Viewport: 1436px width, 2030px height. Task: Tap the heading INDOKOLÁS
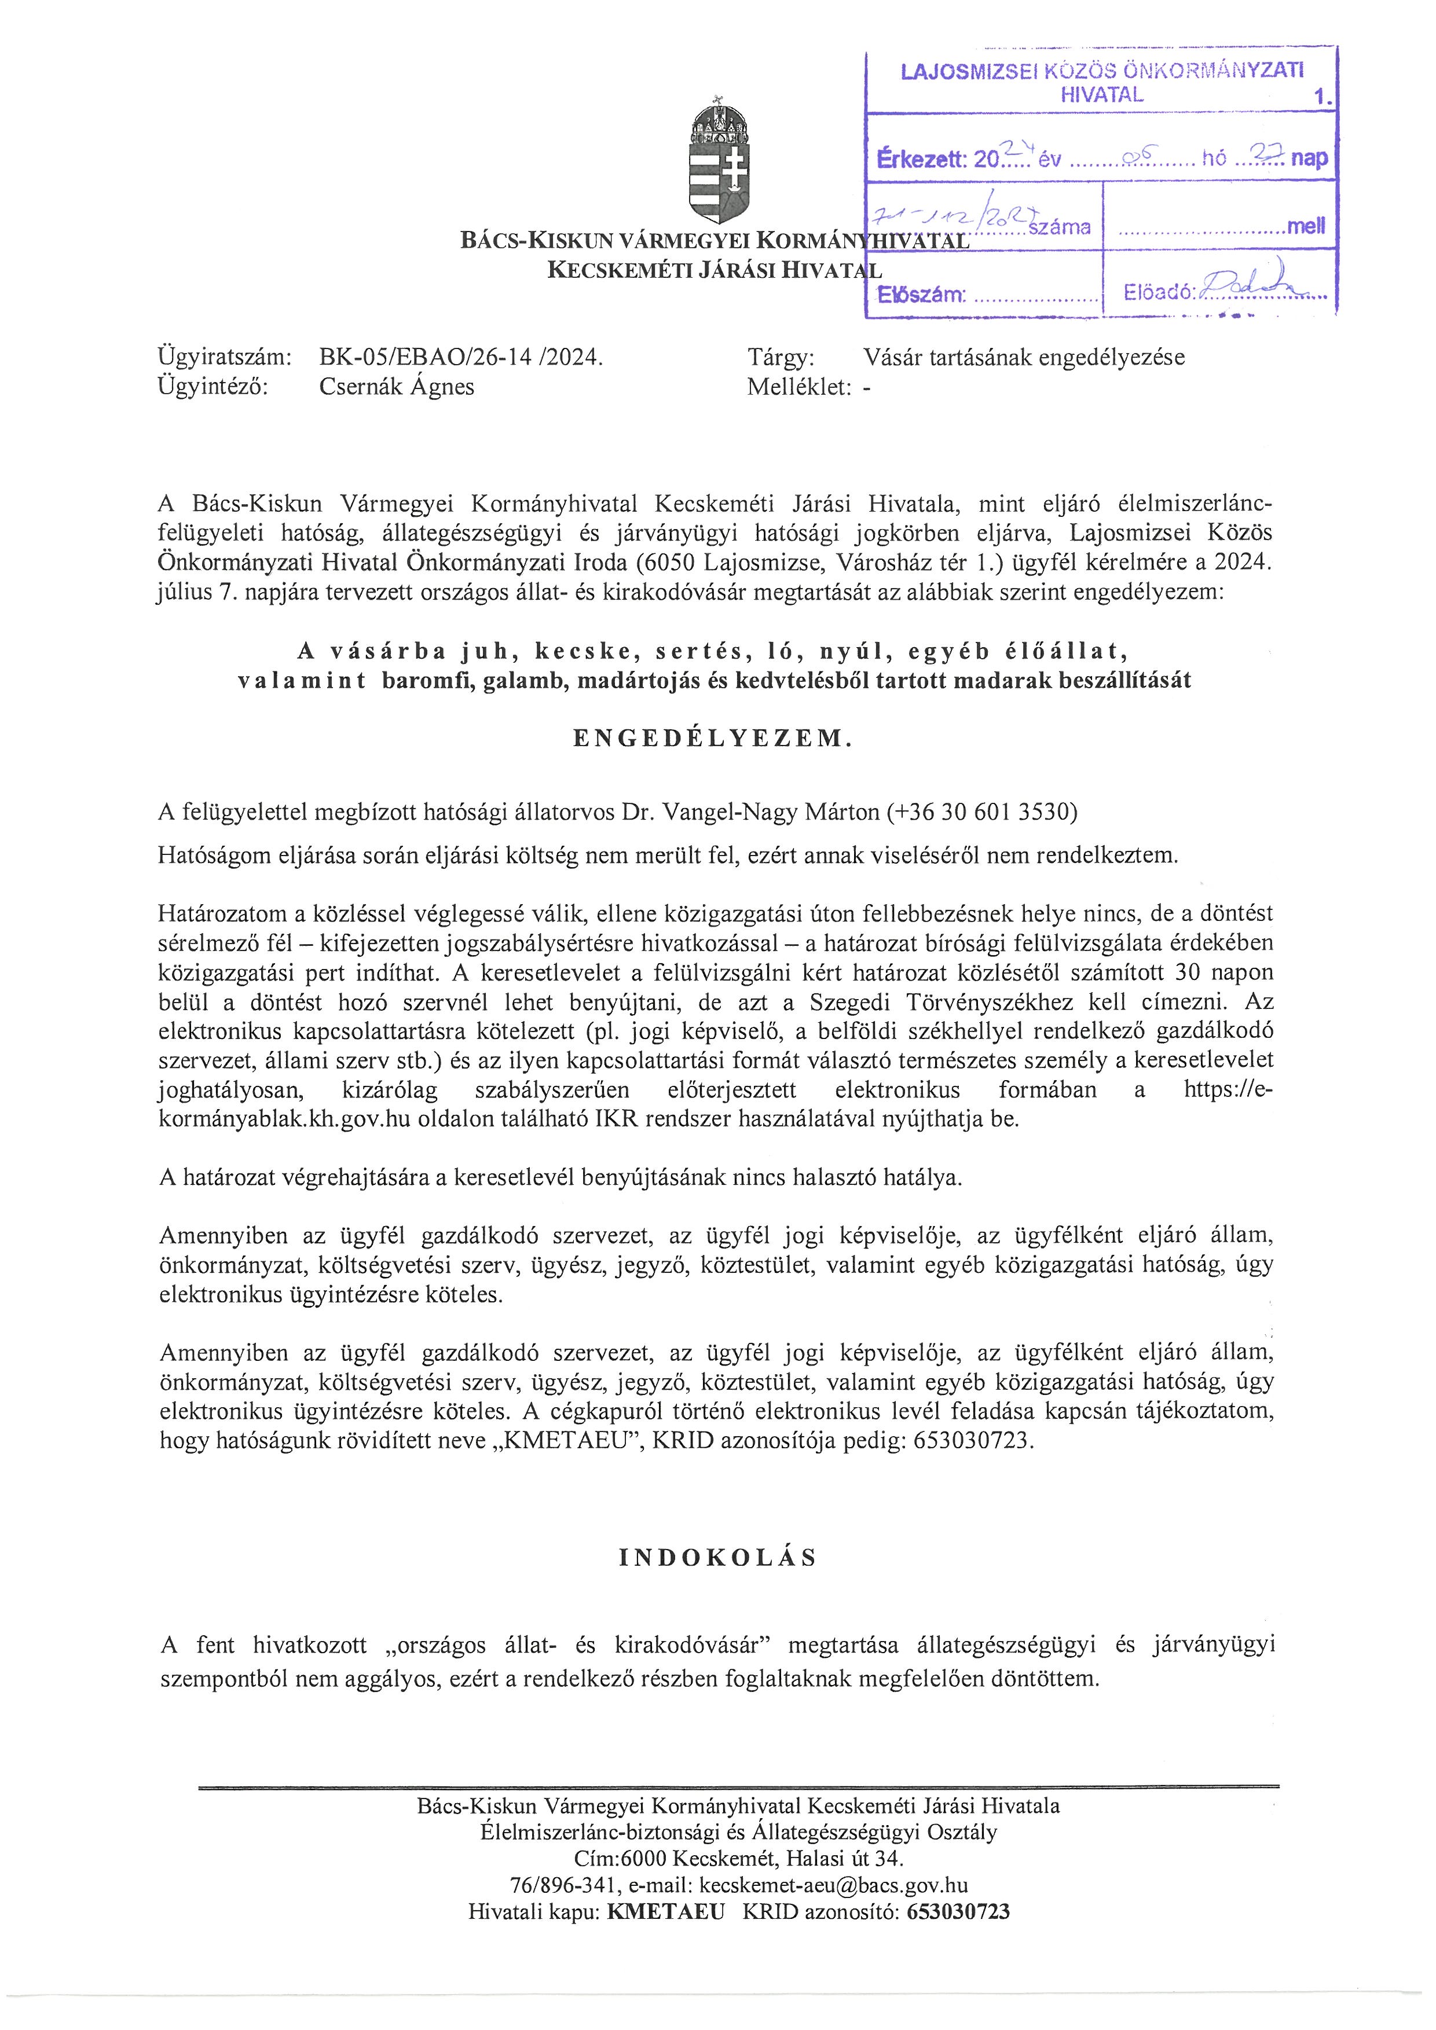click(718, 1558)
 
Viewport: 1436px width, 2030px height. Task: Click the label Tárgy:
click(781, 357)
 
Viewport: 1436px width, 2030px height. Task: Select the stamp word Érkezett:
click(921, 160)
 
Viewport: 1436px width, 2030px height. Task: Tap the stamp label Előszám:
click(921, 295)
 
